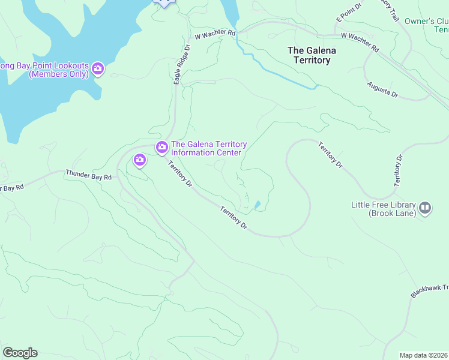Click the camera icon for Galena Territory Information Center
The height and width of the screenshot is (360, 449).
point(161,147)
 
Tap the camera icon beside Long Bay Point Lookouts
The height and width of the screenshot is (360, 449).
point(98,70)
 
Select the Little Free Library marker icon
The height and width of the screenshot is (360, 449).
point(425,208)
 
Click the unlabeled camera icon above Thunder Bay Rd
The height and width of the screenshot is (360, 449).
point(140,160)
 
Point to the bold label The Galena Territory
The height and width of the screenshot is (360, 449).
point(312,55)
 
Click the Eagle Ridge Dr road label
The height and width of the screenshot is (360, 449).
point(182,64)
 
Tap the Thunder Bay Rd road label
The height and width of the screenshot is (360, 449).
point(89,176)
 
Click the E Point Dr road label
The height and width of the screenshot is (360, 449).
point(349,15)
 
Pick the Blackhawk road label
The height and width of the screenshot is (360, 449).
point(430,290)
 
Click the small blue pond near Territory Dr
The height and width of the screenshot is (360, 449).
point(258,205)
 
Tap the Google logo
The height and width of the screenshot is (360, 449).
point(20,353)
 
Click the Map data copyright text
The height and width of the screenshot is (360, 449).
point(424,355)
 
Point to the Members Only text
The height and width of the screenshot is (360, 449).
point(58,74)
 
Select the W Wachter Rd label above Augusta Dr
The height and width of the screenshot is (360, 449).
point(360,41)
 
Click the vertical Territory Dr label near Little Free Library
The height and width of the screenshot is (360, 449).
point(398,170)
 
